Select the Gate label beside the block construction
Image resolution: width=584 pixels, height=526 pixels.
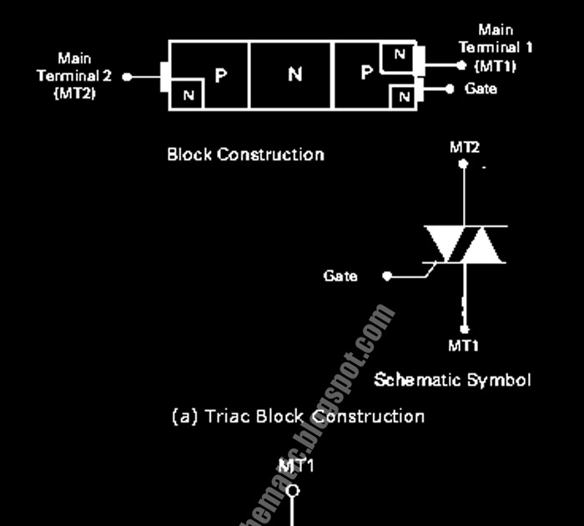[480, 89]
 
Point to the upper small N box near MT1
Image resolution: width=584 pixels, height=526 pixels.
[400, 56]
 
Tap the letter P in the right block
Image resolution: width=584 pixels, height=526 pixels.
[365, 74]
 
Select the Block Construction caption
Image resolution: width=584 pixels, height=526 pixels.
[245, 154]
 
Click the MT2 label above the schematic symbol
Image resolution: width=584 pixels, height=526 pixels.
[465, 147]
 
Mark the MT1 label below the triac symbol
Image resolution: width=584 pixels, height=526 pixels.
[464, 345]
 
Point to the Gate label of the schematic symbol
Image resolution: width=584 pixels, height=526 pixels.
[340, 276]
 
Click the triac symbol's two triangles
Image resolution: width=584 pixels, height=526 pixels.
[465, 245]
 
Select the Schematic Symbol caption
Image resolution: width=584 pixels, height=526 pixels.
[451, 380]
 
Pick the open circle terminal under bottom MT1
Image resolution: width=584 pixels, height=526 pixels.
[293, 490]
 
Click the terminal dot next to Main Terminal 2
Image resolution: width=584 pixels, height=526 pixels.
[127, 76]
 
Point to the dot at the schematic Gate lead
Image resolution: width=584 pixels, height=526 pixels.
[386, 276]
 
